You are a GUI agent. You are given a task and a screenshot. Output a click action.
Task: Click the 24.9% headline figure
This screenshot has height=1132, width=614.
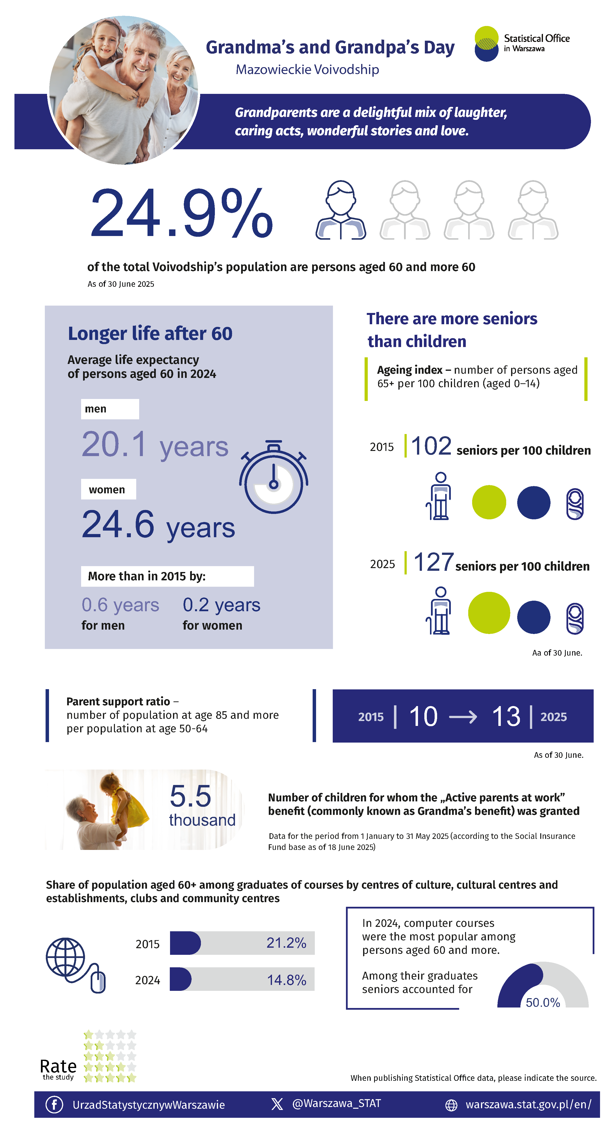tap(181, 213)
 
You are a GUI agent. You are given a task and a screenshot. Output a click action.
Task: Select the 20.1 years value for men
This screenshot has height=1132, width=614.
tap(155, 445)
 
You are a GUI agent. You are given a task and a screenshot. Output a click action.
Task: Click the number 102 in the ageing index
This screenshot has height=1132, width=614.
tap(431, 446)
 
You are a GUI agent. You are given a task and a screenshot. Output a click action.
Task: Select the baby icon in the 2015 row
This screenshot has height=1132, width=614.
tap(575, 504)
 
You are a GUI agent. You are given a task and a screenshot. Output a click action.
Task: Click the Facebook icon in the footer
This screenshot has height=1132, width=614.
tap(54, 1104)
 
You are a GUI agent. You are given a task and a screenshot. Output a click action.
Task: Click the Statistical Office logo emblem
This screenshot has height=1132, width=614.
tap(486, 44)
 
